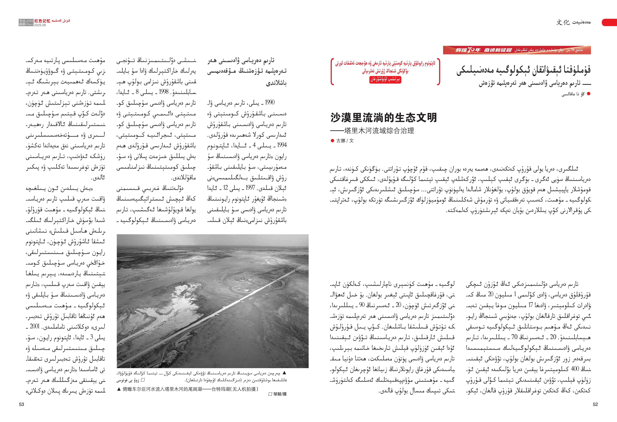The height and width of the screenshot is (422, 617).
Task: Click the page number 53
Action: [x=22, y=404]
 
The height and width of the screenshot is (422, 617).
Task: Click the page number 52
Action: [x=595, y=404]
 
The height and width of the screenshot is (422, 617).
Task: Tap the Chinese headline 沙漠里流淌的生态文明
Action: [x=384, y=118]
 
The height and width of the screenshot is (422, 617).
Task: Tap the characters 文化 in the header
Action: [x=563, y=22]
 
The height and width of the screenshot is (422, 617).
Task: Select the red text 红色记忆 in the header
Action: [x=42, y=21]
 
